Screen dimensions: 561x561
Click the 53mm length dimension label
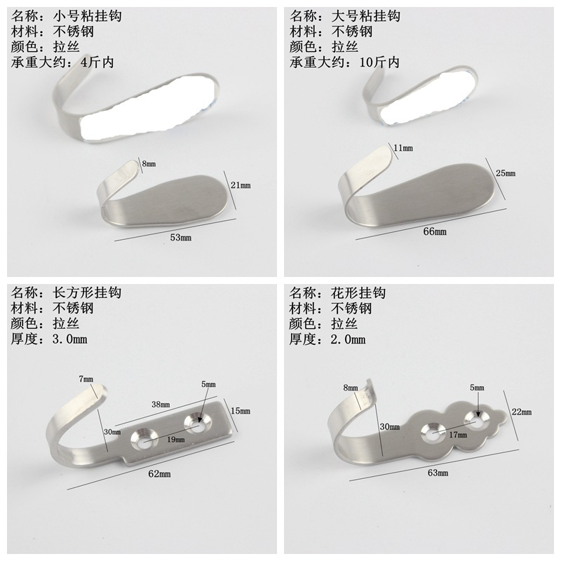coord(180,238)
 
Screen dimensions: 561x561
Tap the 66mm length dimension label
coord(435,231)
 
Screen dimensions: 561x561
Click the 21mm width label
coord(240,184)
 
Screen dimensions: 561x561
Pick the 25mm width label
coord(505,173)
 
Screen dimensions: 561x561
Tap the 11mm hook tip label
coord(403,148)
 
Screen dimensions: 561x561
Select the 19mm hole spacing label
coord(175,439)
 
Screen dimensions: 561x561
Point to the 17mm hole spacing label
coord(458,435)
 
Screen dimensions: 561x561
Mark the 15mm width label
coord(240,411)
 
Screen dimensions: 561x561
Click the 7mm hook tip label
coord(86,379)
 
